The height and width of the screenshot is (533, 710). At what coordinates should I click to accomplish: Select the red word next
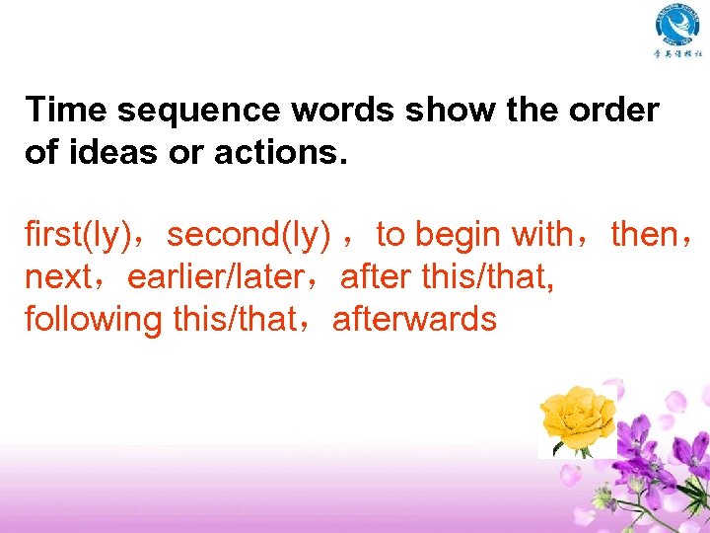[58, 277]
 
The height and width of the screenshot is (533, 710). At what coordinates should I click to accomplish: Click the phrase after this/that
[447, 277]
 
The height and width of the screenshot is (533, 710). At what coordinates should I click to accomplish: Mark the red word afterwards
[414, 320]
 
